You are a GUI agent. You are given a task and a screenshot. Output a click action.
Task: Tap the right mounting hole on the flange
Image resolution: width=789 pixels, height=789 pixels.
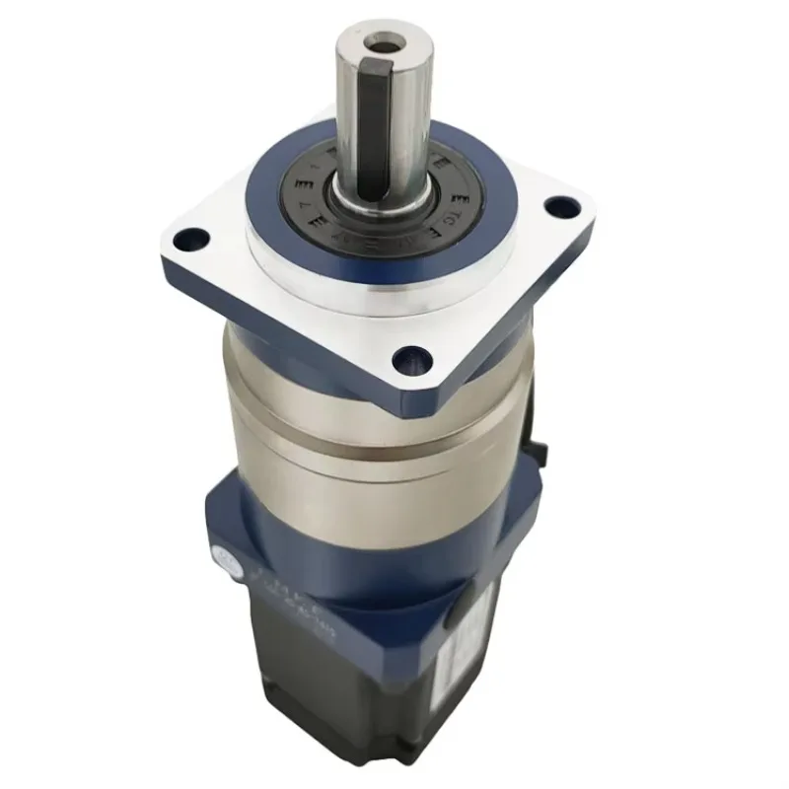coord(563,207)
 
